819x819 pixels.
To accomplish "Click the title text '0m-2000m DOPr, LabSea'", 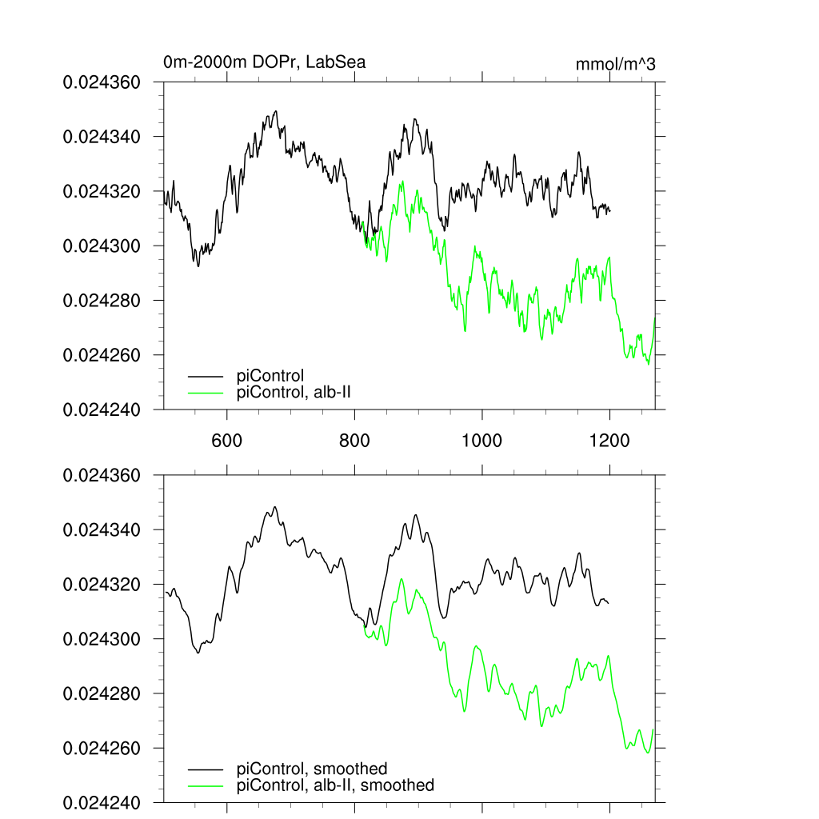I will tap(264, 62).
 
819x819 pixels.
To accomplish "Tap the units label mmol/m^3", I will tap(615, 64).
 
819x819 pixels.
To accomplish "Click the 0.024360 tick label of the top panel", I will tap(102, 82).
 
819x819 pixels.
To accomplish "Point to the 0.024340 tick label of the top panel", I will tap(102, 137).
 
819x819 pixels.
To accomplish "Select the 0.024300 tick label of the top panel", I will tap(102, 246).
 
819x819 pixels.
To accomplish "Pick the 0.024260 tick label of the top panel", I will tap(102, 355).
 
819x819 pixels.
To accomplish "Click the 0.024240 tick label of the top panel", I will tap(102, 409).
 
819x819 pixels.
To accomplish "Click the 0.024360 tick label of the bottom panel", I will tap(102, 476).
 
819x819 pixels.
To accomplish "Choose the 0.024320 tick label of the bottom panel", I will tap(102, 585).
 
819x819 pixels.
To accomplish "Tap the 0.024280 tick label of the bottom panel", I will tap(102, 694).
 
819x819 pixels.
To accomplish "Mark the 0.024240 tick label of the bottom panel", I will tap(102, 803).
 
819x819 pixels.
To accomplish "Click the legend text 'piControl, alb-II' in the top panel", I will tap(294, 392).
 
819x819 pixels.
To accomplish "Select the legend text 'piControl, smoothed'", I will tap(312, 769).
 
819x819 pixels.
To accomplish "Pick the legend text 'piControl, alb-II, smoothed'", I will tap(336, 785).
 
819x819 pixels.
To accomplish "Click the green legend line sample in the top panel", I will tap(206, 392).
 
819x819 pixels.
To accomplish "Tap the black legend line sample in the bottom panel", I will tap(206, 769).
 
